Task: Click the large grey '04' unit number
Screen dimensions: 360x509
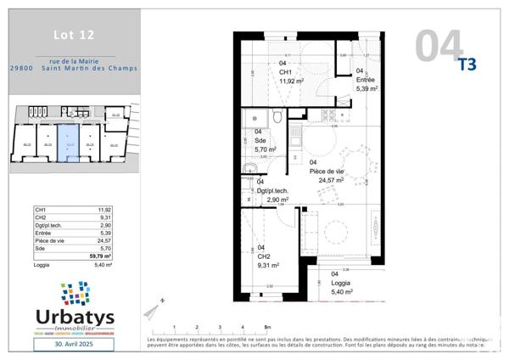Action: click(439, 46)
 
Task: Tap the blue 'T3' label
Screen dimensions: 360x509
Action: click(467, 64)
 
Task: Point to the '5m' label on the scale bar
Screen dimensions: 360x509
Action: click(267, 326)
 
